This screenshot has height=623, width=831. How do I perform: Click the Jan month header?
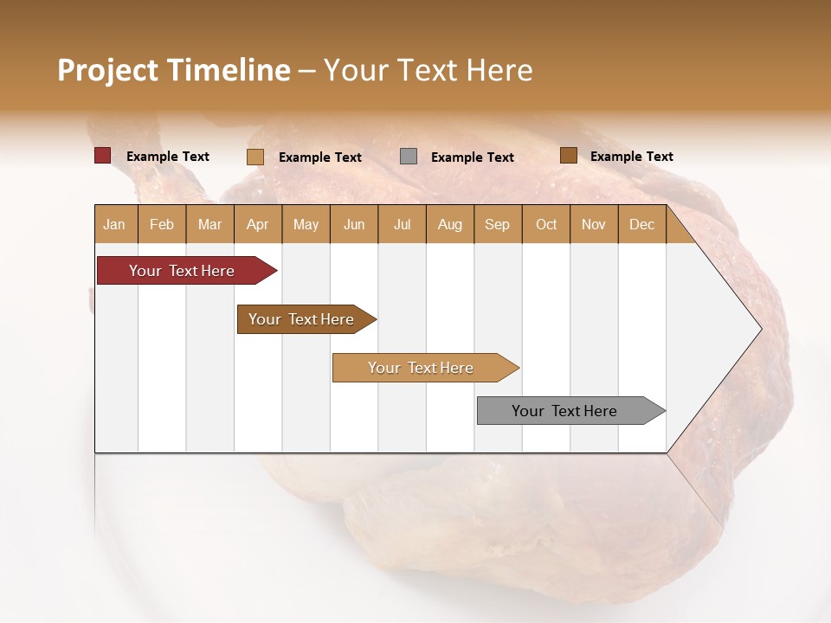[114, 224]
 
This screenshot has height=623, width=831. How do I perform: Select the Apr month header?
[258, 224]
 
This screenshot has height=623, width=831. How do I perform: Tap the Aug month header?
[449, 224]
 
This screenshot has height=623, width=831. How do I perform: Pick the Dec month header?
[641, 224]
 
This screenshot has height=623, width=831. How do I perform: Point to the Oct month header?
[546, 224]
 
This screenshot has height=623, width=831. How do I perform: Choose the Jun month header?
[354, 224]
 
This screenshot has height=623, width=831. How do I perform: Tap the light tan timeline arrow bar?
[422, 368]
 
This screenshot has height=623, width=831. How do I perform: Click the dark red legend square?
[102, 156]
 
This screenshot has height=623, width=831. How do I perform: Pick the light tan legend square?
[254, 157]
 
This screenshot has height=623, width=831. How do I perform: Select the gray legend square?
[408, 157]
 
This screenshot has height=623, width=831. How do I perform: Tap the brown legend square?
[568, 156]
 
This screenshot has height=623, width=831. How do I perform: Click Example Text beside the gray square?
[473, 157]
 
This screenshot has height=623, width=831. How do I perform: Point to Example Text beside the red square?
[168, 157]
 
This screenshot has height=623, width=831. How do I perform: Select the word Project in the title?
[107, 71]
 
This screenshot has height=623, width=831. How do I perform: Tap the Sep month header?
[497, 224]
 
